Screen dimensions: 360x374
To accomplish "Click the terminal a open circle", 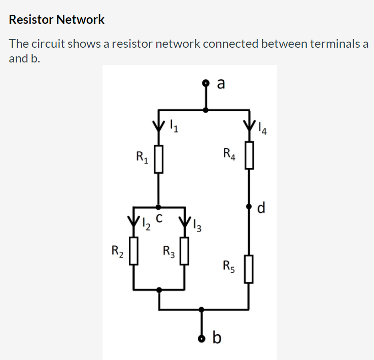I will (x=206, y=82).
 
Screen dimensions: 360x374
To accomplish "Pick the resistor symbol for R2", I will (x=133, y=252).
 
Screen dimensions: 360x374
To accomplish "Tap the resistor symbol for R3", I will (x=185, y=252).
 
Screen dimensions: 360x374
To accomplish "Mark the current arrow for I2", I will (x=133, y=222).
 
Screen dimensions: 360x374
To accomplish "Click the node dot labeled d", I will (x=249, y=207).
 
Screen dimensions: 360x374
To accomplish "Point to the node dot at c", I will (x=159, y=207).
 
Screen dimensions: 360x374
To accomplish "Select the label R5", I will (x=229, y=266).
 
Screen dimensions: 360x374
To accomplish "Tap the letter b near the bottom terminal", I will (x=217, y=337).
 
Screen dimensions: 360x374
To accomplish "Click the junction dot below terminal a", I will (x=206, y=109).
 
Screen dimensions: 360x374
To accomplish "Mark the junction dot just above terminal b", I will (x=202, y=309).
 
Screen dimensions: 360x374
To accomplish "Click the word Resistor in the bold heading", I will (x=31, y=20).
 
